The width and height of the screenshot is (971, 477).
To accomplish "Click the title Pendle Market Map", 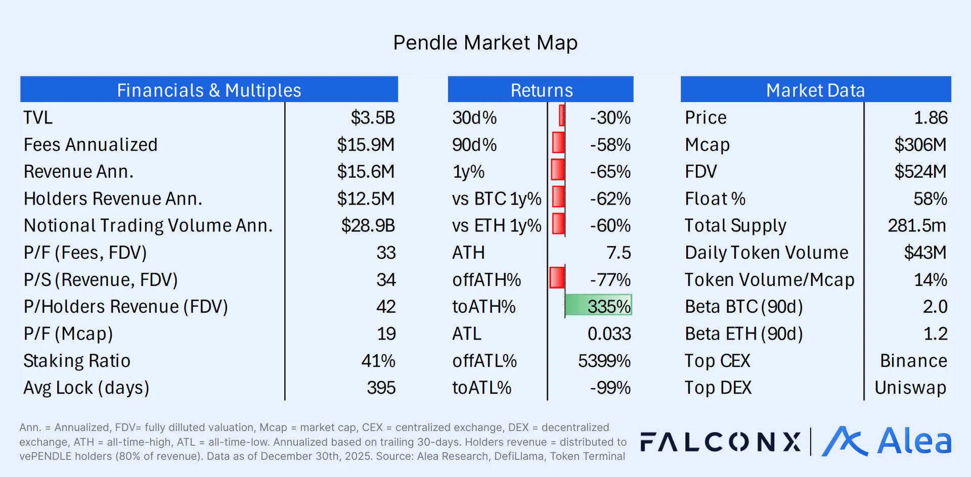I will pyautogui.click(x=485, y=43).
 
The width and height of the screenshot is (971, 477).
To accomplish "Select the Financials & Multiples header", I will pyautogui.click(x=209, y=90).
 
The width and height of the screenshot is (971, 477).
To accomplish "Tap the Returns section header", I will pyautogui.click(x=541, y=90).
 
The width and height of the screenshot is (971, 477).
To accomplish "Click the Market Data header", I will pyautogui.click(x=815, y=90).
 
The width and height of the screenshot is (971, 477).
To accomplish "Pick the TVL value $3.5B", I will pyautogui.click(x=373, y=118).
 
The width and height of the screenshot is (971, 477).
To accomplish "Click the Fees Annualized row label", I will pyautogui.click(x=91, y=145).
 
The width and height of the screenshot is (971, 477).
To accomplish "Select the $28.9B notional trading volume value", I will pyautogui.click(x=368, y=225).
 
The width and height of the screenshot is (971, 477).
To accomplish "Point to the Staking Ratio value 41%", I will pyautogui.click(x=378, y=361).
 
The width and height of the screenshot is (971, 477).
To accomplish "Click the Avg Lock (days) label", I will pyautogui.click(x=86, y=388).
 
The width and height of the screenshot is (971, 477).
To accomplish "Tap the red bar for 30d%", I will pyautogui.click(x=562, y=116).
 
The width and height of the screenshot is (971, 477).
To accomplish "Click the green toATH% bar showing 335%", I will pyautogui.click(x=598, y=306).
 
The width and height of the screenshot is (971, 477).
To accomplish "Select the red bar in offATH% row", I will pyautogui.click(x=557, y=278).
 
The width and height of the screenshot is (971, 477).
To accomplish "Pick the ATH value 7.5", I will pyautogui.click(x=619, y=253).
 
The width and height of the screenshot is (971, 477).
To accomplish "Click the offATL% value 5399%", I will pyautogui.click(x=604, y=361).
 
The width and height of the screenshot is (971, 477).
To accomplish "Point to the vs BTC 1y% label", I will pyautogui.click(x=496, y=199).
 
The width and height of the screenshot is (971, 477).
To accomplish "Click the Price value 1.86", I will pyautogui.click(x=930, y=118).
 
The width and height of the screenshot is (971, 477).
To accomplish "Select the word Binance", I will pyautogui.click(x=913, y=361).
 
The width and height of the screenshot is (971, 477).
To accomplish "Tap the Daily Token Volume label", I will pyautogui.click(x=766, y=253).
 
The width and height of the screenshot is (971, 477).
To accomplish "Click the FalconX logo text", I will pyautogui.click(x=720, y=442).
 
